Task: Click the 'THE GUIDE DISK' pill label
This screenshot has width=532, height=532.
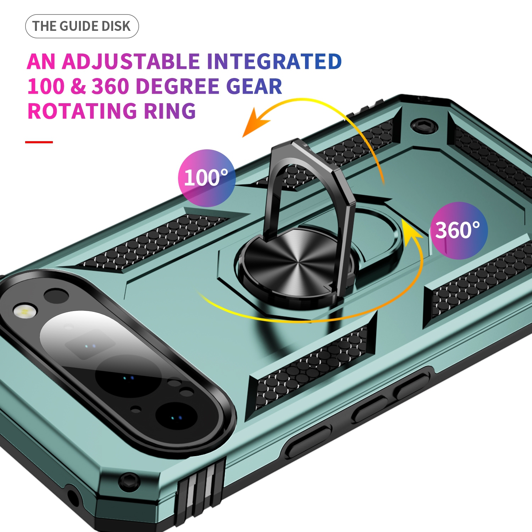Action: pos(82,26)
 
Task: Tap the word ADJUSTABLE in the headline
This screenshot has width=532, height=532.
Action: pos(131,62)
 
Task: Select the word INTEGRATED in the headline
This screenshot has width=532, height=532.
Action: pos(274,62)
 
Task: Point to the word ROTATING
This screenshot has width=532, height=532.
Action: pos(82,111)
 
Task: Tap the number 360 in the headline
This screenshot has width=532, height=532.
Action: pos(110,87)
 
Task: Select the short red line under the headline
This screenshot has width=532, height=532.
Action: pos(39,142)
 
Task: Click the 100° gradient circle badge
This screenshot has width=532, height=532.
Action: pos(206,178)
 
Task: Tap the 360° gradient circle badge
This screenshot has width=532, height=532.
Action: pos(459,231)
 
